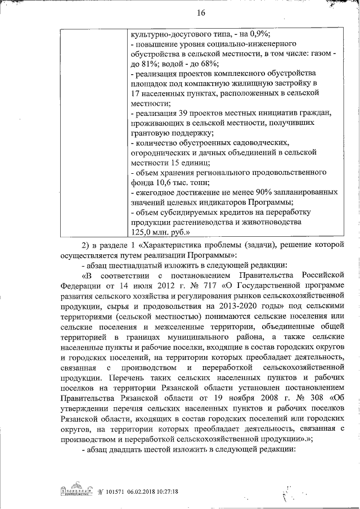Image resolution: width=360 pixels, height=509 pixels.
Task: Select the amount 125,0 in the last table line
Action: [142, 231]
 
